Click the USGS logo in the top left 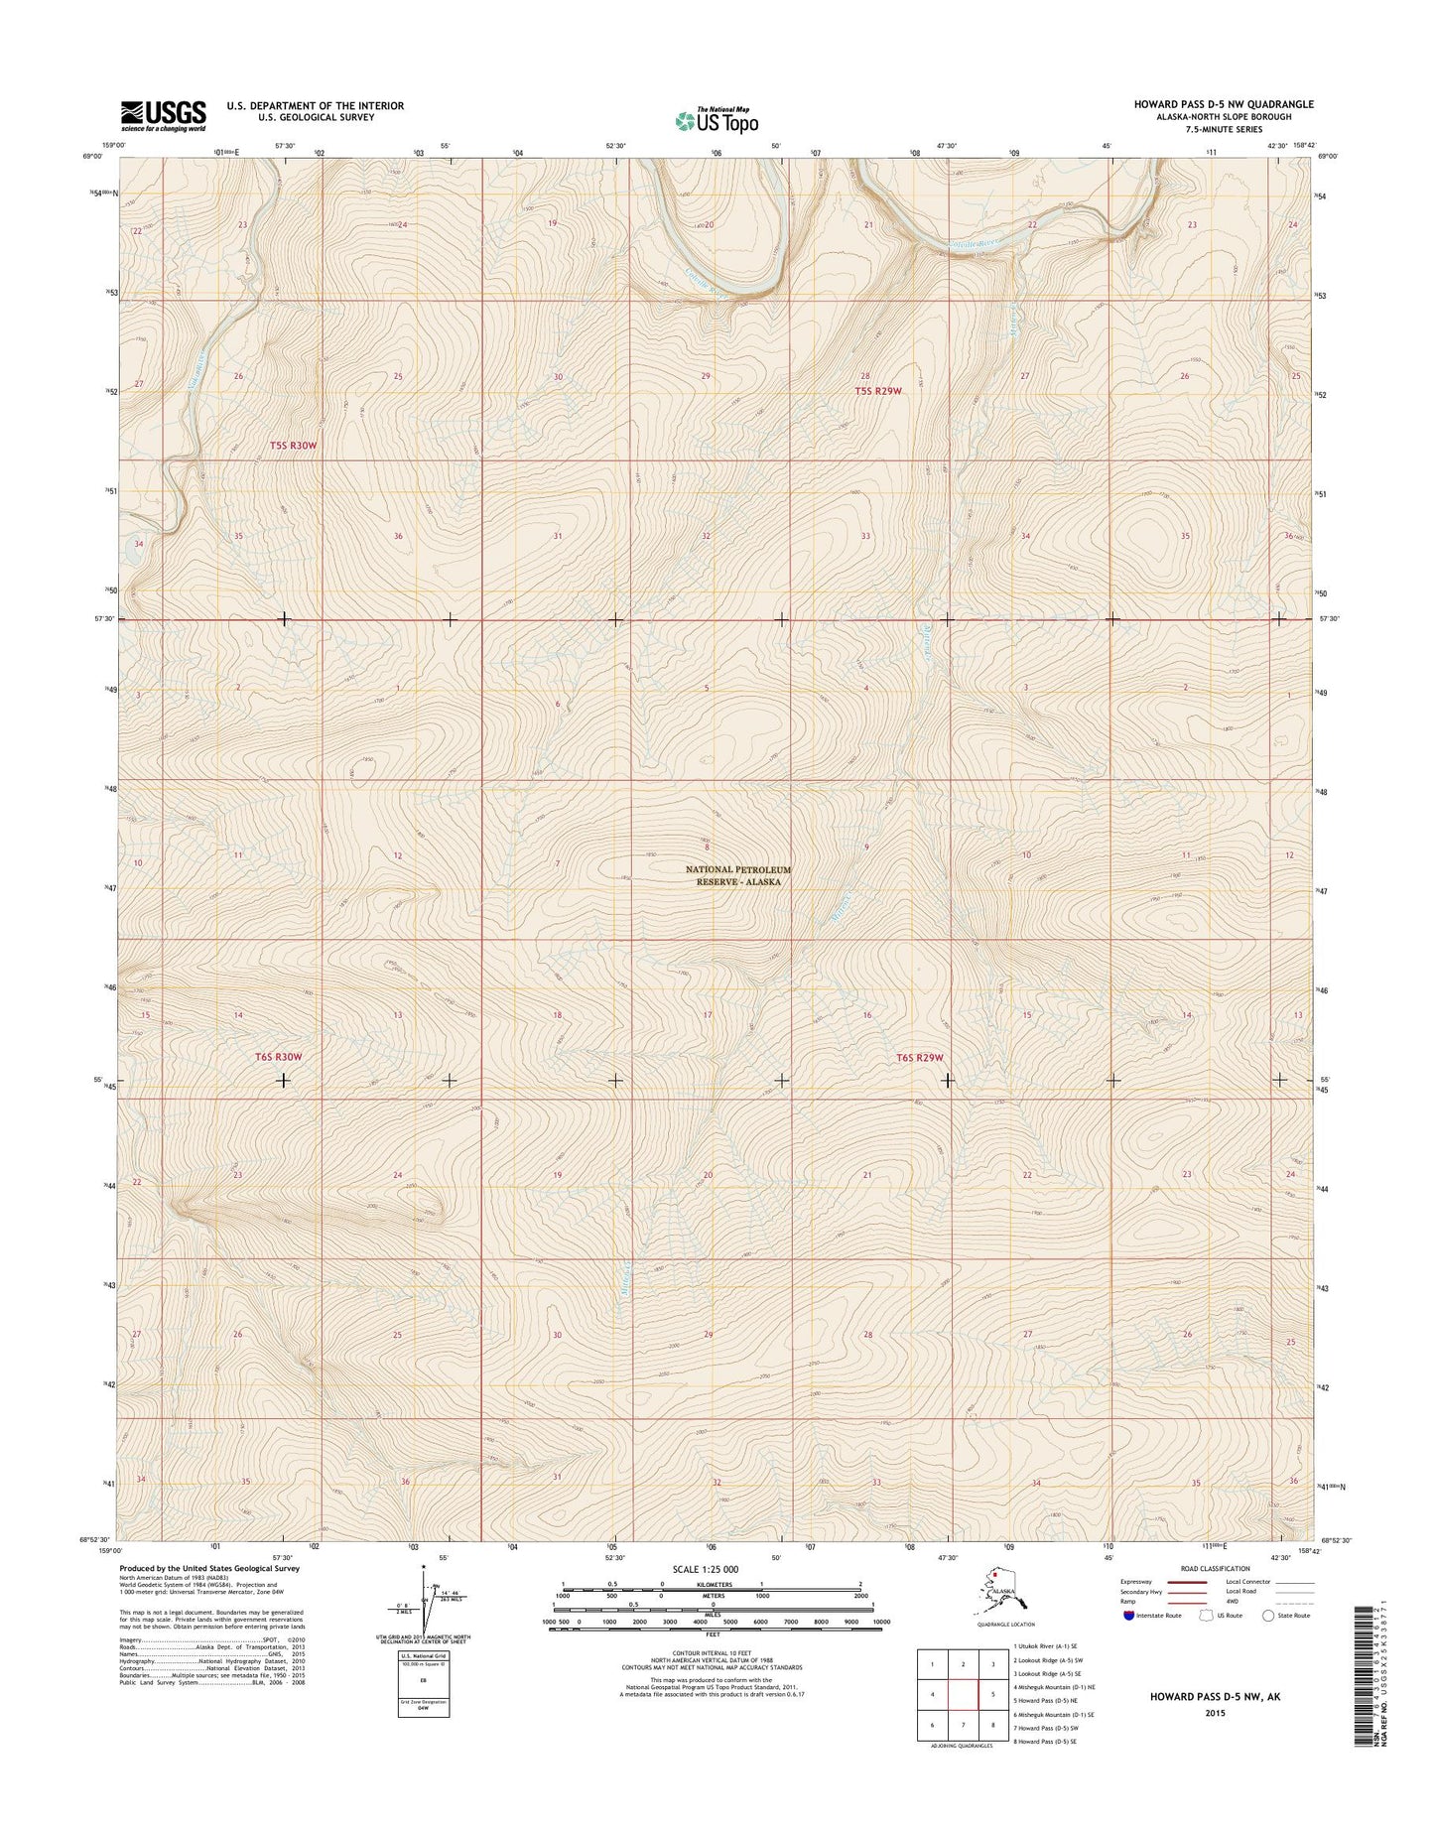(x=164, y=115)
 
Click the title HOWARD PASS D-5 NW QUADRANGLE (x=1224, y=104)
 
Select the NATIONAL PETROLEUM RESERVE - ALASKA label (x=739, y=875)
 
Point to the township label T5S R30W (x=294, y=447)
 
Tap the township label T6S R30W (x=278, y=1058)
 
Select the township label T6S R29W (x=918, y=1058)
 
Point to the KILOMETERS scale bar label (x=716, y=1612)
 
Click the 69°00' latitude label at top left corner (x=92, y=156)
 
